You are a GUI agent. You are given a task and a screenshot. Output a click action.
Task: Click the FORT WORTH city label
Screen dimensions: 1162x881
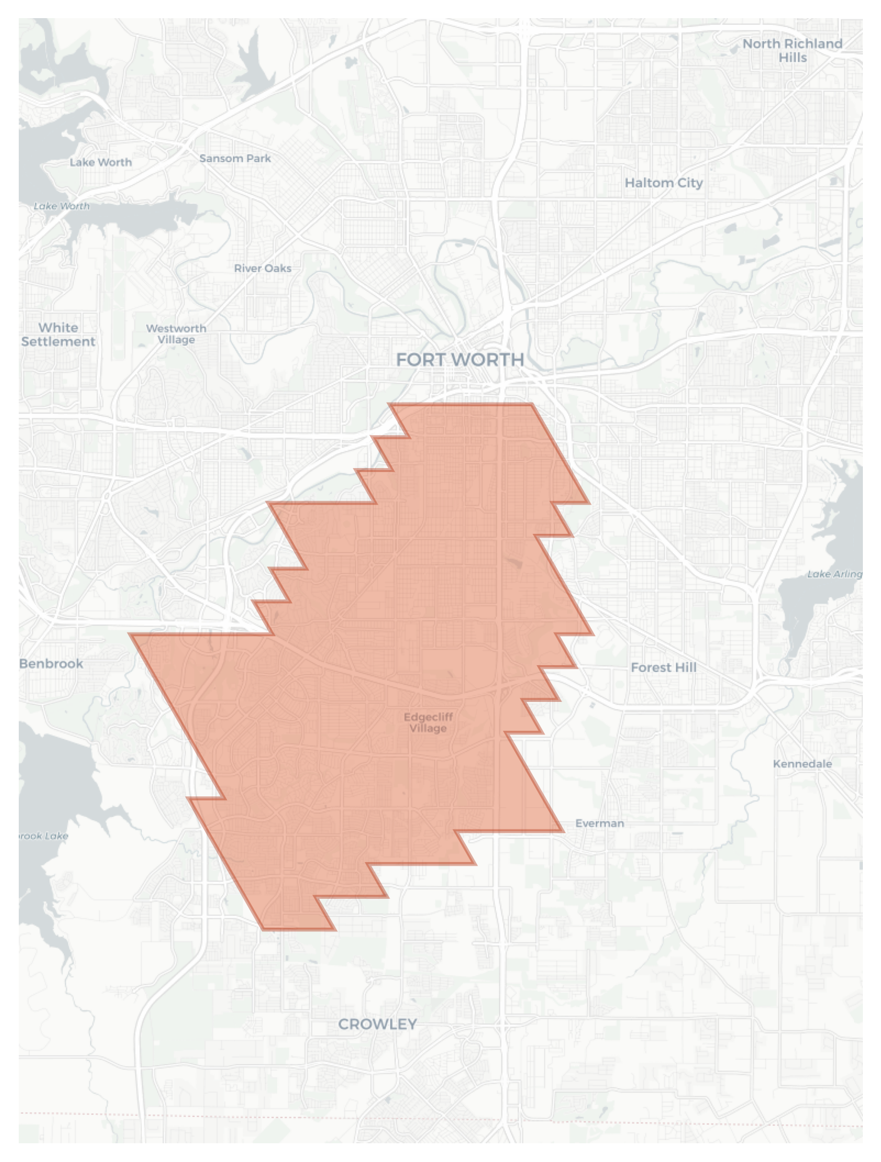click(460, 360)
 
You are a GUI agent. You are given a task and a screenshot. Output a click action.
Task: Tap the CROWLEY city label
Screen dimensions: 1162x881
click(377, 1024)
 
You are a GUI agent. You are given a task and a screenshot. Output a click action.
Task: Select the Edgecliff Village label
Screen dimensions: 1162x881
click(428, 723)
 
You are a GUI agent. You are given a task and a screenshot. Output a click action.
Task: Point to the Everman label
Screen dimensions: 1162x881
click(599, 823)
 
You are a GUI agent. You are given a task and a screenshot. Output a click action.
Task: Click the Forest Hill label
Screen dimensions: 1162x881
click(663, 668)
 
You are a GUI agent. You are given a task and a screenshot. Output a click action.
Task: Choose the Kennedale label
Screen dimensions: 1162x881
click(802, 764)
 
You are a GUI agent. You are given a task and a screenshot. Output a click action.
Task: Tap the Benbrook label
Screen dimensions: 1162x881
click(51, 664)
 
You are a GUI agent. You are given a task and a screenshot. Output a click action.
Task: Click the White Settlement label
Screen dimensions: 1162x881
click(58, 334)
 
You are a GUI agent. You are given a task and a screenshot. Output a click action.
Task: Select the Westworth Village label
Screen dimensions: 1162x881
click(176, 334)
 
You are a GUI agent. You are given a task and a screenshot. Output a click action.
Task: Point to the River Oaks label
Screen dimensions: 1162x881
click(263, 268)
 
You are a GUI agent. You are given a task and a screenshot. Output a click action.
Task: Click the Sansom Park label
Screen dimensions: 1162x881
click(235, 159)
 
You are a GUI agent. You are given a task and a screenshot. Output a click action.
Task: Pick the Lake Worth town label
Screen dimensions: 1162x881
click(101, 163)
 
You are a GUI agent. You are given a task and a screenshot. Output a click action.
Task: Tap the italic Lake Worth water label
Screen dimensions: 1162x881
click(61, 206)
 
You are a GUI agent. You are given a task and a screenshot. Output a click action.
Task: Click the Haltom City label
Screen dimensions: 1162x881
click(663, 183)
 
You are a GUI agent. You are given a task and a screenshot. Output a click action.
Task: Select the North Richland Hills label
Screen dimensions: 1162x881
click(792, 51)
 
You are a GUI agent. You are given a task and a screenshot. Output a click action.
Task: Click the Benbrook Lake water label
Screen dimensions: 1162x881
click(43, 836)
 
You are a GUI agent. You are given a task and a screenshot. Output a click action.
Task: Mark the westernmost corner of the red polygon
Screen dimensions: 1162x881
click(130, 634)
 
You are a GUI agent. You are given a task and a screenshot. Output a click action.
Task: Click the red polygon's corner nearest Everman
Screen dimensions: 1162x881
click(563, 831)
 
